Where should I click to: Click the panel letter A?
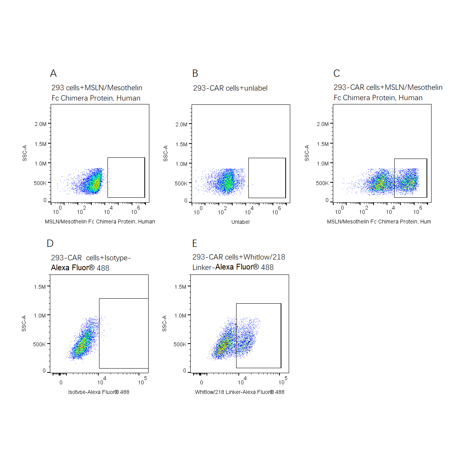[53, 73]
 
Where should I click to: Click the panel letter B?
[195, 73]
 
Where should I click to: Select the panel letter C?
[337, 73]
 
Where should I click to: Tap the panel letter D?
[50, 243]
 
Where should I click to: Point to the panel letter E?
[195, 243]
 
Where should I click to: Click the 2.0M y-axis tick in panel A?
[40, 124]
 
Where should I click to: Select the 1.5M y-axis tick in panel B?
[181, 144]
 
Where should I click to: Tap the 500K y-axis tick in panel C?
[322, 183]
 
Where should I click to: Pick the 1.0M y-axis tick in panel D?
[40, 316]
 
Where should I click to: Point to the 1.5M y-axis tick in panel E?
[180, 287]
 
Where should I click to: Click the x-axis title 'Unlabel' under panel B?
[240, 222]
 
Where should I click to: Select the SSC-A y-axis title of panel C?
[307, 153]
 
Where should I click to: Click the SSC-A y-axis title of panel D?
[24, 323]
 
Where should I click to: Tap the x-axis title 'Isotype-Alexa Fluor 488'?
[99, 392]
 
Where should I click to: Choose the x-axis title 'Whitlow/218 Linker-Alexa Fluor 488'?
[240, 392]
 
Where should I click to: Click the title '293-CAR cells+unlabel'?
[230, 88]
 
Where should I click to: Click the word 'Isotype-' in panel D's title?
[117, 258]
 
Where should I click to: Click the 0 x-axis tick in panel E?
[202, 382]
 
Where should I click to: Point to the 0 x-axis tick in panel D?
[61, 382]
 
